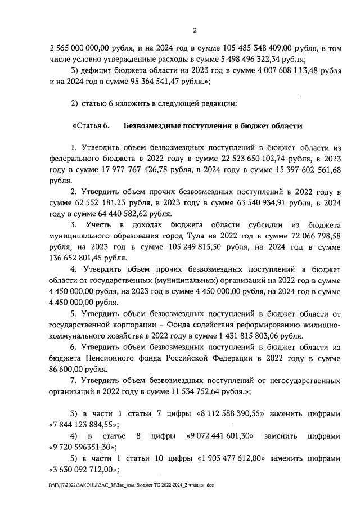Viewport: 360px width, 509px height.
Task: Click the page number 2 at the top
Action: pos(193,30)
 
